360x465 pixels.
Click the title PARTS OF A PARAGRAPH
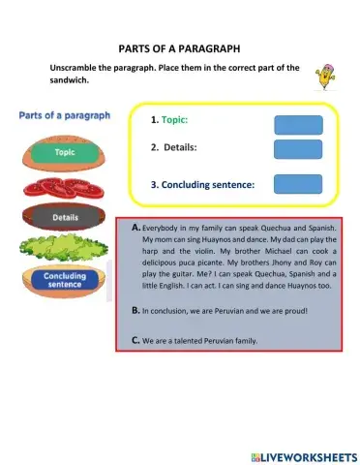coord(179,47)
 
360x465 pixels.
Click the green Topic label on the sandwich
coord(65,152)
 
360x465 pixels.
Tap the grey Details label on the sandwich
coord(65,218)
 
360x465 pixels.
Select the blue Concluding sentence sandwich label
coord(65,280)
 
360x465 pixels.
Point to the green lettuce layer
coord(65,249)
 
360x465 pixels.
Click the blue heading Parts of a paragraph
coord(65,115)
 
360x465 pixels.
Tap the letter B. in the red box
coord(135,311)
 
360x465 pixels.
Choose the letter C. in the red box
coord(135,340)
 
